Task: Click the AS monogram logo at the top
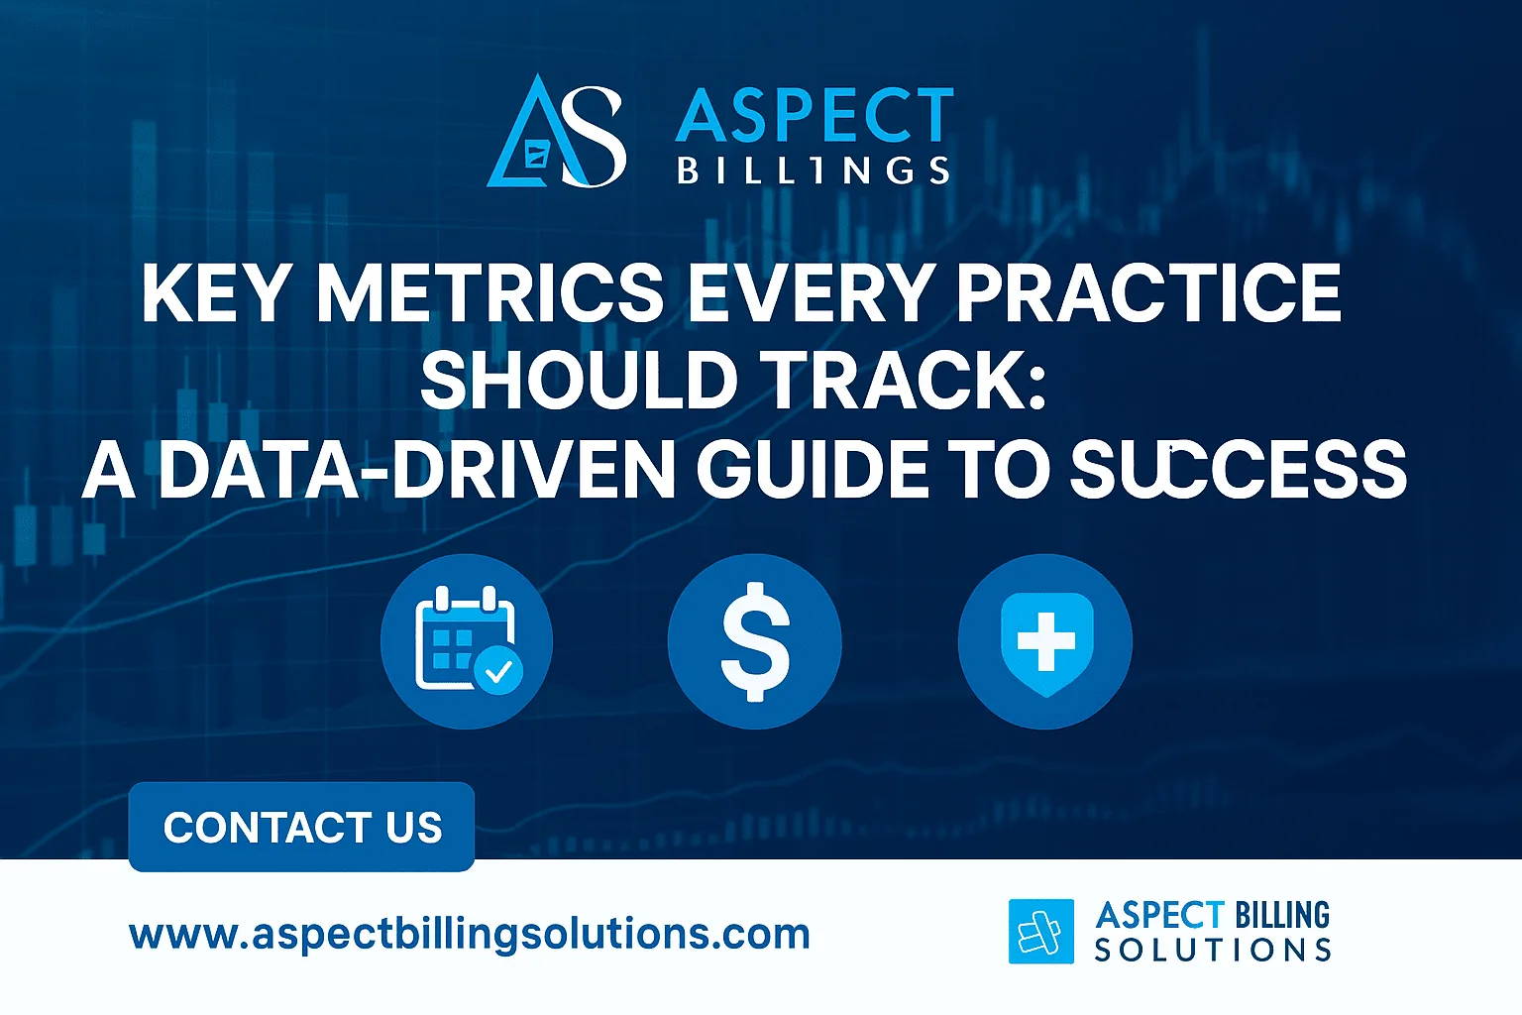[557, 132]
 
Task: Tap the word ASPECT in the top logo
[815, 117]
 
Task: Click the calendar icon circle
[466, 640]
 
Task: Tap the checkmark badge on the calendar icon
[498, 671]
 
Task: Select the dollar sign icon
[755, 640]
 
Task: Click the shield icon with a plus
[1045, 640]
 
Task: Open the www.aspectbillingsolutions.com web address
[470, 935]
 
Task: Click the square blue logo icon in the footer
[1040, 932]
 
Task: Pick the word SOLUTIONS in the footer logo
[1213, 951]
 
